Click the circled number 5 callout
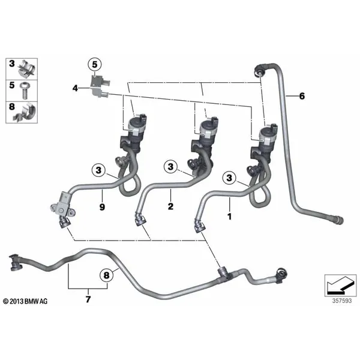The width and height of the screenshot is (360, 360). pyautogui.click(x=95, y=65)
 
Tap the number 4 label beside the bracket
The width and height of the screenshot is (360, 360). pyautogui.click(x=76, y=88)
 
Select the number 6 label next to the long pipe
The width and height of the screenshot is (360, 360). pyautogui.click(x=302, y=96)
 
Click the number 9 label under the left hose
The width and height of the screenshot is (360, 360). pyautogui.click(x=102, y=207)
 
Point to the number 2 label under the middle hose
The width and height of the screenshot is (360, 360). pyautogui.click(x=170, y=206)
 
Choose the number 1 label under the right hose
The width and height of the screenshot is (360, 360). pyautogui.click(x=229, y=216)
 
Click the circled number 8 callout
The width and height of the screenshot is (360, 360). pyautogui.click(x=107, y=275)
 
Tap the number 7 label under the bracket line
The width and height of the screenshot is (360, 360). pyautogui.click(x=88, y=299)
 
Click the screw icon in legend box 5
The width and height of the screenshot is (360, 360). pyautogui.click(x=25, y=91)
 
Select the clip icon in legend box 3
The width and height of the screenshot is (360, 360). pyautogui.click(x=27, y=68)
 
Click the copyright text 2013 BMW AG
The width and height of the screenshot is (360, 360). pyautogui.click(x=25, y=301)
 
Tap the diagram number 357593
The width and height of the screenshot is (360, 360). pyautogui.click(x=342, y=301)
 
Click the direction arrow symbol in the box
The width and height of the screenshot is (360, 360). pyautogui.click(x=340, y=286)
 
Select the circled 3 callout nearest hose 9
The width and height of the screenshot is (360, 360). pyautogui.click(x=98, y=170)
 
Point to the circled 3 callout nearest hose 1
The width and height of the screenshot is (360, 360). pyautogui.click(x=229, y=178)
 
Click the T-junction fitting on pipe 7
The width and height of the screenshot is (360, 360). pyautogui.click(x=223, y=273)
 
